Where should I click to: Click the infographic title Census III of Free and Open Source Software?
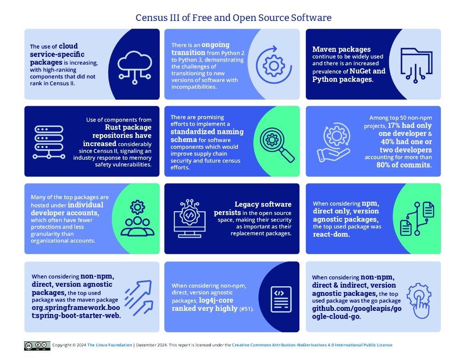pyautogui.click(x=233, y=18)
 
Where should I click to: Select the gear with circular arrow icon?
pyautogui.click(x=274, y=65)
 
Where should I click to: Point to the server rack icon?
pyautogui.click(x=48, y=142)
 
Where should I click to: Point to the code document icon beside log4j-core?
pyautogui.click(x=281, y=299)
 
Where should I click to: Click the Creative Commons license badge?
pyautogui.click(x=37, y=345)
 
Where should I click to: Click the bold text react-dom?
pyautogui.click(x=331, y=235)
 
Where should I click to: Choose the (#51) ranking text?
pyautogui.click(x=246, y=309)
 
